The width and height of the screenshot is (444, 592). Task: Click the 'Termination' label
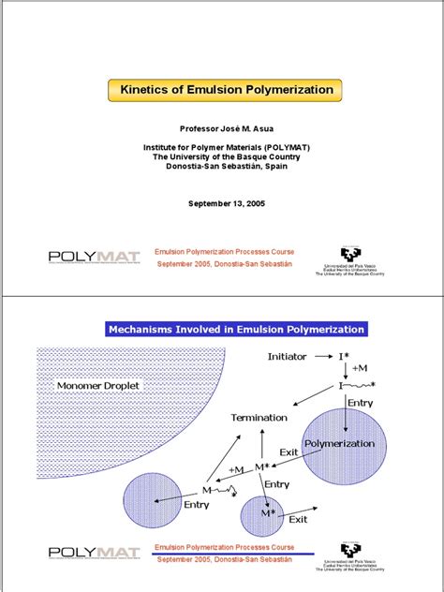click(x=259, y=417)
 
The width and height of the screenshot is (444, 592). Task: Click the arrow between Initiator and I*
click(x=319, y=357)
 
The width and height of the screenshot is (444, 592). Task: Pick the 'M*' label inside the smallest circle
click(x=268, y=513)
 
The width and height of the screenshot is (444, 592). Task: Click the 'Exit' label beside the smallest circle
click(x=299, y=518)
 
